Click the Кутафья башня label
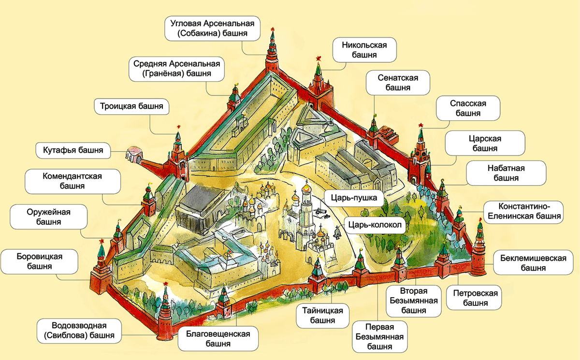coord(70,150)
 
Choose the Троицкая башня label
coord(131,106)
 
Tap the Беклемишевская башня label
coord(530,263)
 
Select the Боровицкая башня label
coord(39,261)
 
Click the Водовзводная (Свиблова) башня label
coord(79,330)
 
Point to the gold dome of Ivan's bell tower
coord(306,185)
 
